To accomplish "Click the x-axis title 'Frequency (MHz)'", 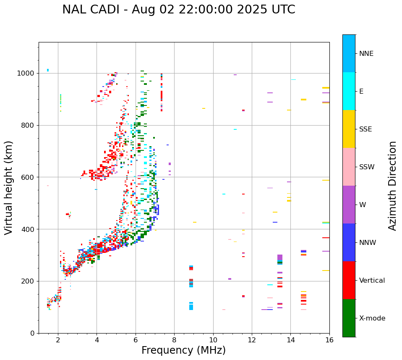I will click(183, 350).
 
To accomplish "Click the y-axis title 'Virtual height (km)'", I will click(9, 187).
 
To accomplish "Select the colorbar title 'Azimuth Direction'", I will click(392, 186).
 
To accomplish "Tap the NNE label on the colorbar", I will click(366, 54).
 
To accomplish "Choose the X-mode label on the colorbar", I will click(372, 318).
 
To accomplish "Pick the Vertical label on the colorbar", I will click(372, 281).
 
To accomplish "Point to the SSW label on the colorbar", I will click(367, 167).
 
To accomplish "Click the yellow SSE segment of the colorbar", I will click(349, 129).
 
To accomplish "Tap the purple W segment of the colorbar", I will click(349, 205).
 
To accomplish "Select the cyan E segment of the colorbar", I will click(349, 91).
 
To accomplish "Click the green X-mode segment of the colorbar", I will click(349, 318).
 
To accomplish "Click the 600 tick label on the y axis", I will click(29, 177).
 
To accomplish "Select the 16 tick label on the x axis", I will click(329, 340).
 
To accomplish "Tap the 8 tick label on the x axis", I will click(174, 340).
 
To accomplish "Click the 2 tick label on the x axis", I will click(58, 340).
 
